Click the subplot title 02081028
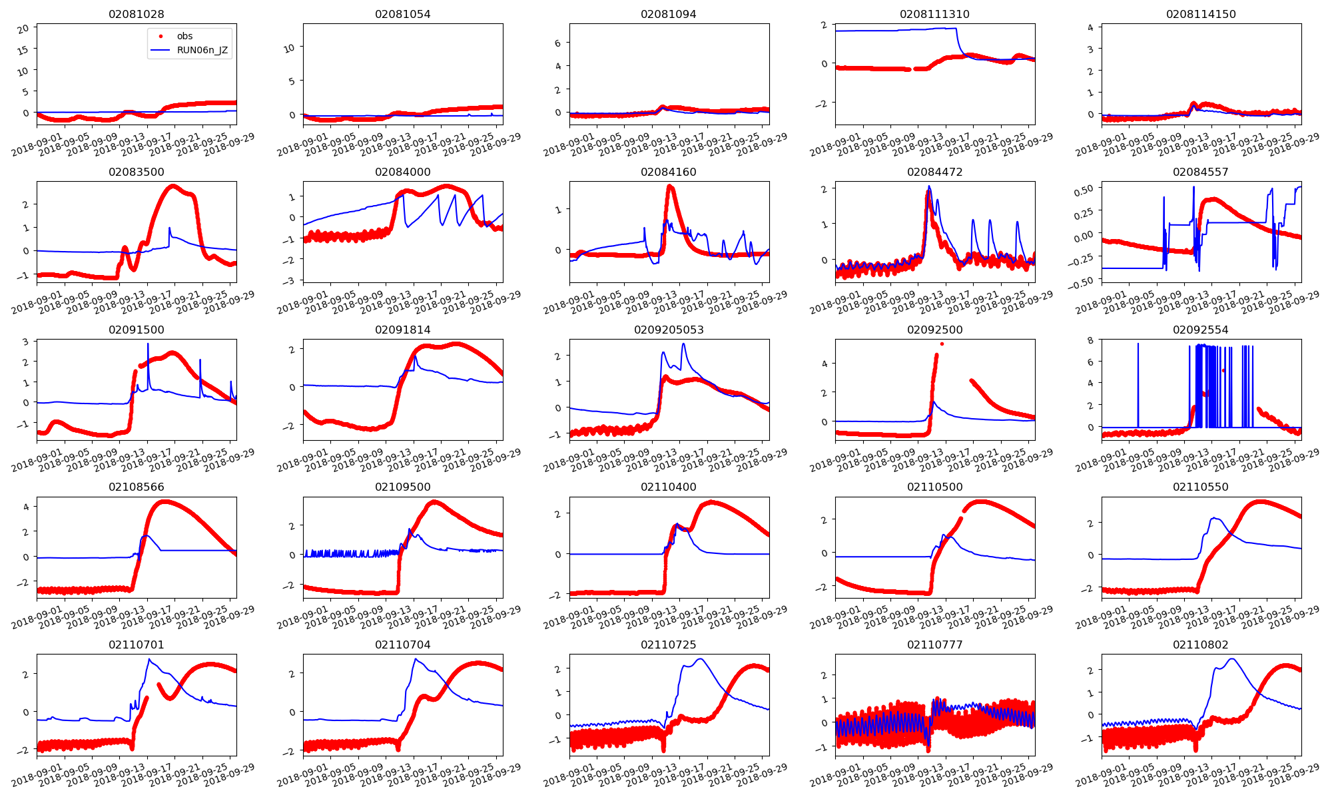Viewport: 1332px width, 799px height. click(137, 14)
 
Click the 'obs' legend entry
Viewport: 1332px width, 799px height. click(184, 36)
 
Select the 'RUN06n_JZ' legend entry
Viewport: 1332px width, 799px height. click(202, 50)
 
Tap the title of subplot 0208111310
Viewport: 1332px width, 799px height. click(934, 14)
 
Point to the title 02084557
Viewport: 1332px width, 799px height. click(1201, 172)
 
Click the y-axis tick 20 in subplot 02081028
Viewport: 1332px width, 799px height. click(23, 29)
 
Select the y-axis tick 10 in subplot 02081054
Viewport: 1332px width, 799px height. click(290, 48)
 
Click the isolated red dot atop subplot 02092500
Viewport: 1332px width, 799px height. click(942, 344)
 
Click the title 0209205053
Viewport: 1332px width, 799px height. click(669, 330)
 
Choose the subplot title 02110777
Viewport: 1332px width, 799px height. click(934, 645)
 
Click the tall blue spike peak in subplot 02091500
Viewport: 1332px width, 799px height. click(148, 344)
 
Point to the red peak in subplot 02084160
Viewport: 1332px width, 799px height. click(669, 187)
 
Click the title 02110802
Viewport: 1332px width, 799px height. click(1201, 645)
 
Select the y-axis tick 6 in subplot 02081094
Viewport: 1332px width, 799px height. click(557, 43)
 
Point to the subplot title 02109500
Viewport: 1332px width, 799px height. click(402, 487)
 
